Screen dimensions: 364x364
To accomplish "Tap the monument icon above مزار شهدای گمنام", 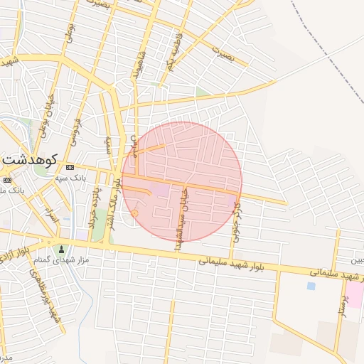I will pyautogui.click(x=62, y=249).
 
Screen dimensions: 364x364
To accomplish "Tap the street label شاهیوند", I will pyautogui.click(x=135, y=68).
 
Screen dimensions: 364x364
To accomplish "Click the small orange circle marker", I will pyautogui.click(x=134, y=213).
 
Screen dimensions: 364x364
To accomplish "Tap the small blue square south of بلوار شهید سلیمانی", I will pyautogui.click(x=311, y=286).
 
